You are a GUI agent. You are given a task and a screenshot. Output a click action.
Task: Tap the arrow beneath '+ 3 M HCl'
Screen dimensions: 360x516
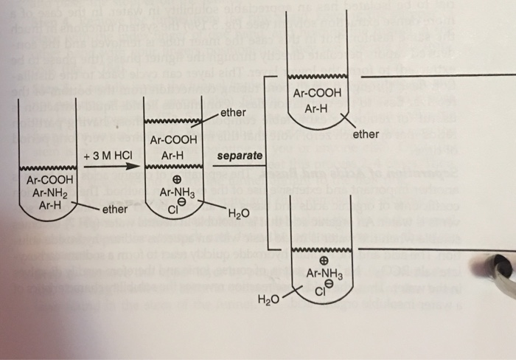[x=111, y=167]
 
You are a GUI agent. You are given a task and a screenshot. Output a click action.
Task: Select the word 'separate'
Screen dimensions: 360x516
[x=240, y=156]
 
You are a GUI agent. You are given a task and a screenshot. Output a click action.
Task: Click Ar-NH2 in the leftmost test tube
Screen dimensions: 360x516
[x=43, y=193]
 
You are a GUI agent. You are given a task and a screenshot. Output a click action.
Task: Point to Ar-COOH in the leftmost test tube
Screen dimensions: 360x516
[x=49, y=180]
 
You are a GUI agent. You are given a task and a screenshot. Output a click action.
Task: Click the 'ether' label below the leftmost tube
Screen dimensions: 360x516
[x=114, y=210]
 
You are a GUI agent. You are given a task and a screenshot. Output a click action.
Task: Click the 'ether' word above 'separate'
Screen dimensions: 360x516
[x=233, y=113]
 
